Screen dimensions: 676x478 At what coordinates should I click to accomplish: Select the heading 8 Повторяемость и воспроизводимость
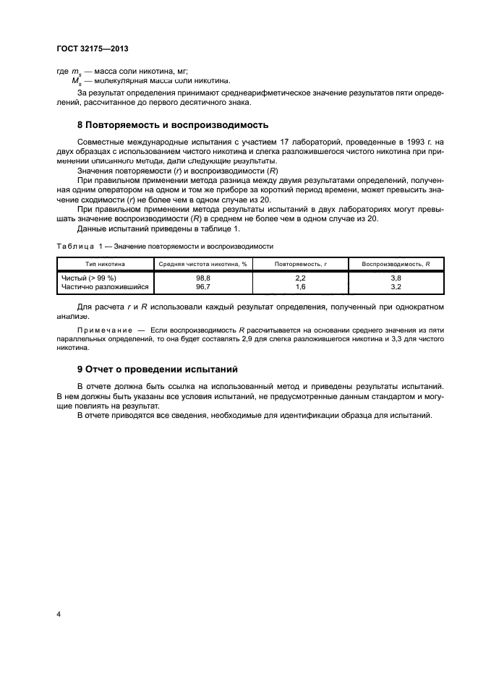173,124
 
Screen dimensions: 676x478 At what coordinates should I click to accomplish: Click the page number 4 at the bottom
58,614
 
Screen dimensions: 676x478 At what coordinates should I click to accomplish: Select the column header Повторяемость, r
301,264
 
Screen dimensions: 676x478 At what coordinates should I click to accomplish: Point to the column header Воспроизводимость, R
396,264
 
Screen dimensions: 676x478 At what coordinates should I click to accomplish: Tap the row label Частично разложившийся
105,286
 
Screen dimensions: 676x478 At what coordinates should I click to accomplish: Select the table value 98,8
203,278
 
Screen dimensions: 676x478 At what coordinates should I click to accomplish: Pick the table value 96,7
203,286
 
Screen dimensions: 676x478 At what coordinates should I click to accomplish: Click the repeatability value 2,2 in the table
301,278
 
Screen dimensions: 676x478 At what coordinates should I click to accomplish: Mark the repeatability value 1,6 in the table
301,286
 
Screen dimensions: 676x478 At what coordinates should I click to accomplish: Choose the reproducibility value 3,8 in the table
396,278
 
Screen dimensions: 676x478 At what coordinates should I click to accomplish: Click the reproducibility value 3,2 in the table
396,286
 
